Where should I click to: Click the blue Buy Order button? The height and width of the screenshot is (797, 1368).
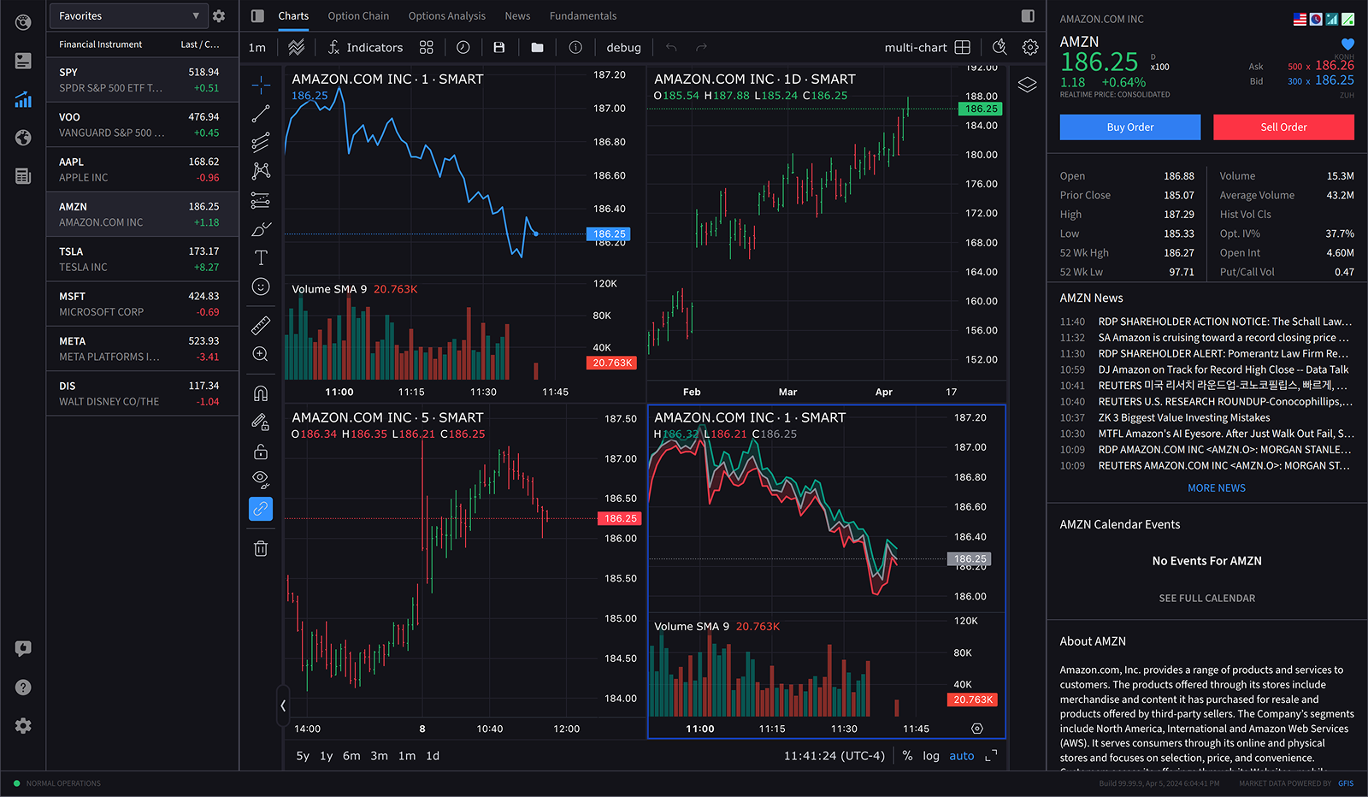pyautogui.click(x=1129, y=127)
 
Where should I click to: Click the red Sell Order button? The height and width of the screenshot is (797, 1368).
pyautogui.click(x=1282, y=127)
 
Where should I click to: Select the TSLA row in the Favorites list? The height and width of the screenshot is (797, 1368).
pyautogui.click(x=142, y=259)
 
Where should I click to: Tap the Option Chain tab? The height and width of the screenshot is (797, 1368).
pyautogui.click(x=358, y=16)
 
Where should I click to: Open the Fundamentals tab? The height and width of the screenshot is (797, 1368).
pyautogui.click(x=582, y=16)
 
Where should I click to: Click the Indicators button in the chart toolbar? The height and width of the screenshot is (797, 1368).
pyautogui.click(x=365, y=48)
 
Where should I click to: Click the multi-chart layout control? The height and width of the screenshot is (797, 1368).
pyautogui.click(x=928, y=48)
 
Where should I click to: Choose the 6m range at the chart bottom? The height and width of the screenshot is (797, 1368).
pyautogui.click(x=351, y=756)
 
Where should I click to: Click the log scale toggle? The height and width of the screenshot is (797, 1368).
pyautogui.click(x=931, y=756)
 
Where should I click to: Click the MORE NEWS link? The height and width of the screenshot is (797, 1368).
pyautogui.click(x=1216, y=488)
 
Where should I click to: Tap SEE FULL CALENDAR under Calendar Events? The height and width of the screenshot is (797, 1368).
pyautogui.click(x=1206, y=599)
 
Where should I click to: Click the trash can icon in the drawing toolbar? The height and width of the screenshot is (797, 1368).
pyautogui.click(x=261, y=548)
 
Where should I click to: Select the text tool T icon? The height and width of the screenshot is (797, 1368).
pyautogui.click(x=261, y=257)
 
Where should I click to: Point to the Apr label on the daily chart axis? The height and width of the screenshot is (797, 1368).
pyautogui.click(x=883, y=392)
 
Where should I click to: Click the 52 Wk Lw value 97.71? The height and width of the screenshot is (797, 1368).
pyautogui.click(x=1181, y=272)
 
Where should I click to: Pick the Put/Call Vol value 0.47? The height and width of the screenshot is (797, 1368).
pyautogui.click(x=1343, y=272)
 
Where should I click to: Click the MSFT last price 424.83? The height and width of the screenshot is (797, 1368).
pyautogui.click(x=203, y=297)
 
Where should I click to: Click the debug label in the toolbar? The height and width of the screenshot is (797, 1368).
pyautogui.click(x=623, y=48)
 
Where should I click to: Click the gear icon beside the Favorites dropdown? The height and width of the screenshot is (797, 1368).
pyautogui.click(x=219, y=16)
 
